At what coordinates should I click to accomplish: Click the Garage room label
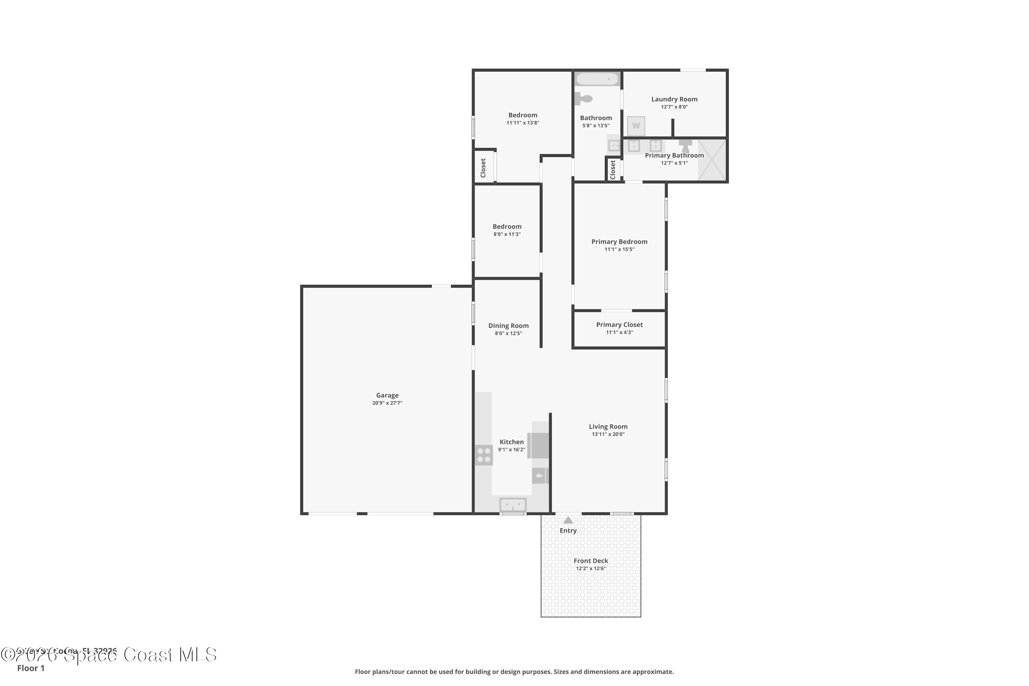point(387,395)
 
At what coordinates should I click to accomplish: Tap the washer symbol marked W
point(636,126)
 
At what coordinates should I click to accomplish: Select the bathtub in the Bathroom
point(597,79)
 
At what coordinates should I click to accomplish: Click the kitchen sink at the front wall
point(513,505)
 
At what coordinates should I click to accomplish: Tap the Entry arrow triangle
point(568,520)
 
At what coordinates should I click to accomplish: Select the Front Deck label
point(591,561)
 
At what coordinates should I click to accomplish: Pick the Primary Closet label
point(619,324)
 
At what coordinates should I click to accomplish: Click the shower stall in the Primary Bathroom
point(712,160)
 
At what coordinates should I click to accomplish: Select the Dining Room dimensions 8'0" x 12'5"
point(508,333)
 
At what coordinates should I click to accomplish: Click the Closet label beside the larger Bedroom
point(483,168)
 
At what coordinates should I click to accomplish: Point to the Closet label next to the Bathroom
point(613,170)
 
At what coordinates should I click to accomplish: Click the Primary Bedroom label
point(619,241)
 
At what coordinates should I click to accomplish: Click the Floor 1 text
point(31,668)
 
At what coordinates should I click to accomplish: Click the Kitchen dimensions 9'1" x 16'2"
point(511,450)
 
